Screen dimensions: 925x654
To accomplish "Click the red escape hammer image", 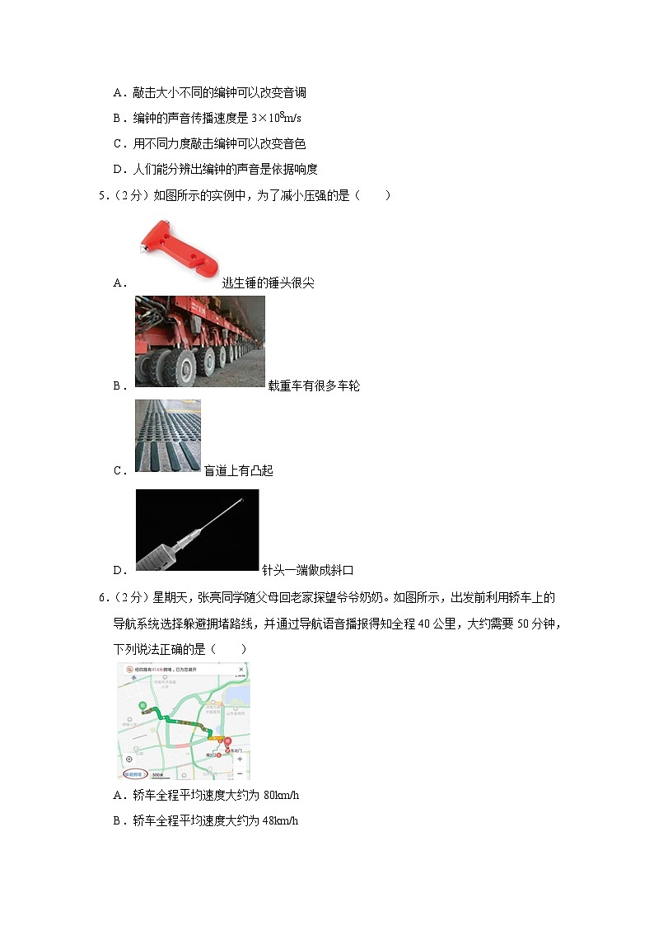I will click(x=177, y=247).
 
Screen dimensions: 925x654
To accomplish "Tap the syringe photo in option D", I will click(x=197, y=529).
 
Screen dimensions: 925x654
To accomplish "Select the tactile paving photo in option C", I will click(x=168, y=435).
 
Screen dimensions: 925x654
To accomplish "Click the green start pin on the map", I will click(x=142, y=706).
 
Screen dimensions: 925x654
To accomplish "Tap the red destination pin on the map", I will click(x=229, y=742).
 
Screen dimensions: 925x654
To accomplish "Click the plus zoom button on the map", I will click(x=239, y=759).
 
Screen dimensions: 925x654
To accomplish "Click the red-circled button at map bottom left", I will click(x=134, y=774).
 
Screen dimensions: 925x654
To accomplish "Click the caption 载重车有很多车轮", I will click(x=314, y=385).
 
